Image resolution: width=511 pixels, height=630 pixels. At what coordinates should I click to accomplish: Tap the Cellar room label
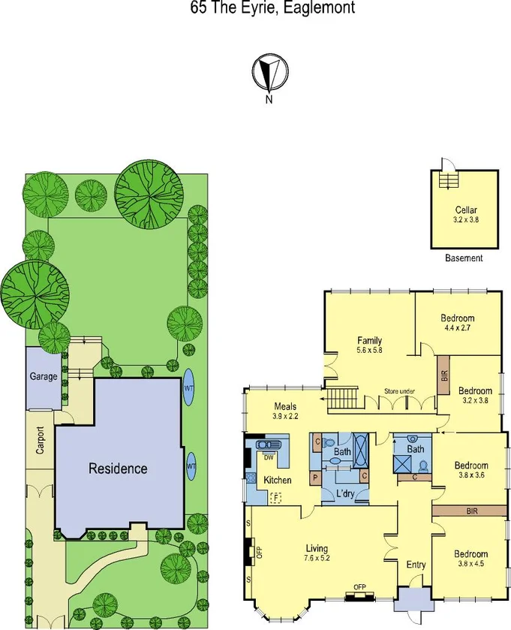tap(466, 210)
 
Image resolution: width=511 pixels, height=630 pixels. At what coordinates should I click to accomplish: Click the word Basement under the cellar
tap(464, 258)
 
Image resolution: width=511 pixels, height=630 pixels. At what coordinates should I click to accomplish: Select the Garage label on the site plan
tap(43, 376)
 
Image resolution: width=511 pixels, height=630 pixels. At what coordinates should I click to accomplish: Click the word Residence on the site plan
tap(118, 469)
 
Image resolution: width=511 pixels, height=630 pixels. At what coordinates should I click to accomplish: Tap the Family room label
tap(369, 340)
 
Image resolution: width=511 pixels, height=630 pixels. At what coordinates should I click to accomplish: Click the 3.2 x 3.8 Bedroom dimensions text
tap(475, 400)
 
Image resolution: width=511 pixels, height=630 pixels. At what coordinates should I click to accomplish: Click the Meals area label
tap(285, 405)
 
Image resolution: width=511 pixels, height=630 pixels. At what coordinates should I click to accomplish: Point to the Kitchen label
tap(277, 481)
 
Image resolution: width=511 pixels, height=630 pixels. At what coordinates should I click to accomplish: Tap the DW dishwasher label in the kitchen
tap(268, 457)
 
